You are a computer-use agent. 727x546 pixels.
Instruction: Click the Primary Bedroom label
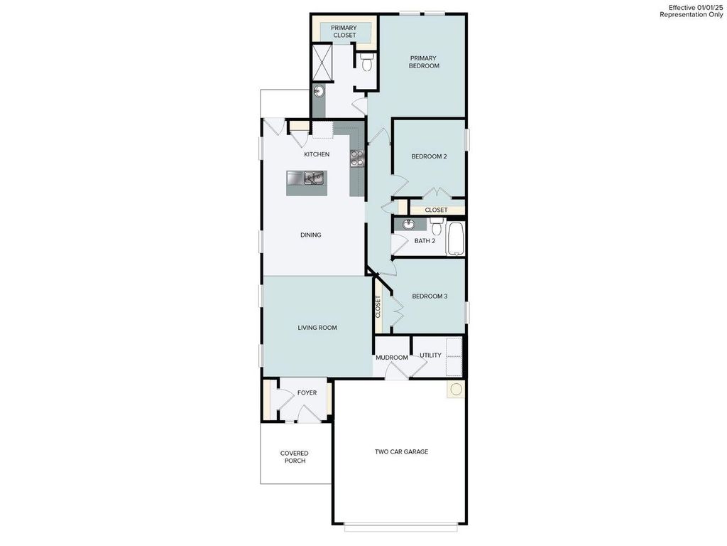point(424,62)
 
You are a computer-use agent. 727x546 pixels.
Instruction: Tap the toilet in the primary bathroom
point(367,63)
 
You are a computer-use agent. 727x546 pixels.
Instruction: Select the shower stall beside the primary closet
point(323,63)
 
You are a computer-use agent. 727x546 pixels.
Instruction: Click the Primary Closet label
point(344,31)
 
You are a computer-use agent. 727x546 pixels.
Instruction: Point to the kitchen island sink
point(311,178)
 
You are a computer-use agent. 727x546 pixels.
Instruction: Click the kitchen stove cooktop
point(356,158)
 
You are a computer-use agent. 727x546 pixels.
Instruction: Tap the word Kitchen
point(317,154)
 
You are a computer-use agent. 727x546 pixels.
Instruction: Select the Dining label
point(311,235)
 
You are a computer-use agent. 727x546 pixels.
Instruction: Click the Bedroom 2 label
point(429,157)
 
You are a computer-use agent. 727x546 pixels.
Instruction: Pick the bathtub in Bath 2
point(455,240)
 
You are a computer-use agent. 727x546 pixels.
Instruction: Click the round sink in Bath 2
point(408,225)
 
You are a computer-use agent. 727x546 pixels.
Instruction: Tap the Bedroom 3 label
point(430,296)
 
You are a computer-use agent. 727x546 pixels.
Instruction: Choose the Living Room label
point(317,328)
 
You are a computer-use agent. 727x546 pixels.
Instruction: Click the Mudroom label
point(392,358)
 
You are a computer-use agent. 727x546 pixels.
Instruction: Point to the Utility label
point(430,355)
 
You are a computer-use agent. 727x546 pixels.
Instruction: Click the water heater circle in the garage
point(455,390)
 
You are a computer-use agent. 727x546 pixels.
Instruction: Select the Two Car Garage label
point(402,451)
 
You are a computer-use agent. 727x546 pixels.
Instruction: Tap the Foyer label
point(307,392)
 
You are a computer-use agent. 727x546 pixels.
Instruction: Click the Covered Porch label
point(295,457)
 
